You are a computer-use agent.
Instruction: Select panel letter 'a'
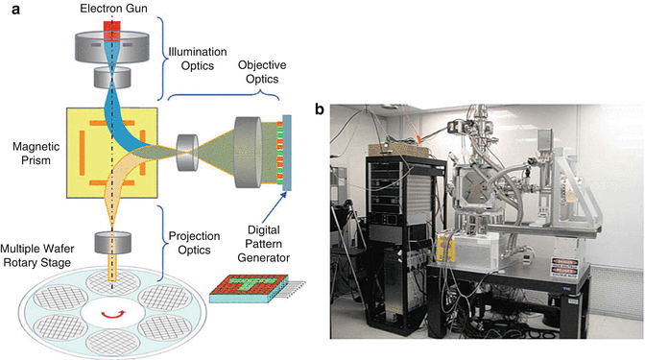click(8, 8)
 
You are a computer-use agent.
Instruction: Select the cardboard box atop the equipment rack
click(403, 146)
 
